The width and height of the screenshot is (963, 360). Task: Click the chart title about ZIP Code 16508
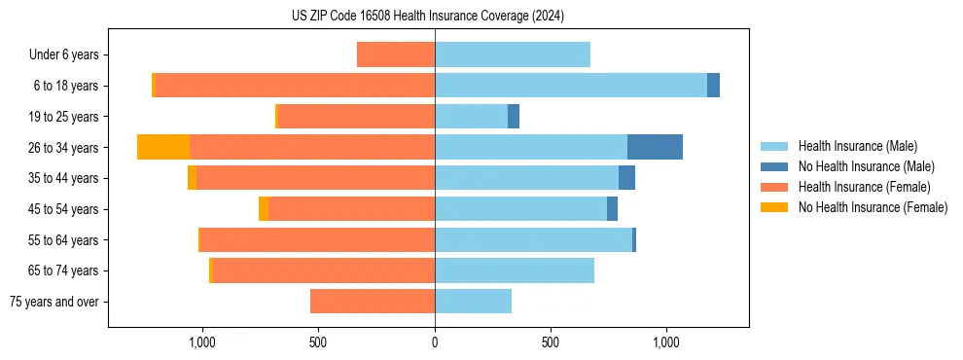[x=427, y=16]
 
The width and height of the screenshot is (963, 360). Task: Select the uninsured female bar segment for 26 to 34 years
[x=163, y=147]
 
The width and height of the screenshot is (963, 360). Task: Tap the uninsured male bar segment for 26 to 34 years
[x=655, y=147]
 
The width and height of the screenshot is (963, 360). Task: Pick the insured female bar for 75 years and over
[x=373, y=302]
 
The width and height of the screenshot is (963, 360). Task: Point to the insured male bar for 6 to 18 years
[x=571, y=86]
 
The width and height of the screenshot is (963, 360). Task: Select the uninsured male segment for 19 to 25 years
[x=514, y=117]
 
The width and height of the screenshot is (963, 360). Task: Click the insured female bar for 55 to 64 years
[x=317, y=239]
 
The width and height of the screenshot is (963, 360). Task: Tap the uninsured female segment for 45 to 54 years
[x=264, y=209]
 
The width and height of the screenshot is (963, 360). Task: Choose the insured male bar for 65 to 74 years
[x=515, y=270]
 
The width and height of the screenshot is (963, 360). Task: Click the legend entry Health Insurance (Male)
[x=857, y=146]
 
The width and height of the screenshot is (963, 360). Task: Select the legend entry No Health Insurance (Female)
[x=873, y=207]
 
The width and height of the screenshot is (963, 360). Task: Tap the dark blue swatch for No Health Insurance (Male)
[x=774, y=166]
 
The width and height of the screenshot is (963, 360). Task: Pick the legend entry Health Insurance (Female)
[x=864, y=187]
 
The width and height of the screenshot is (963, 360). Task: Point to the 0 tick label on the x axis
[x=435, y=342]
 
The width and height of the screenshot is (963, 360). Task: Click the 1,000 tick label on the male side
[x=666, y=342]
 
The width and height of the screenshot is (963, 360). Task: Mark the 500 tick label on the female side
[x=318, y=342]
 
